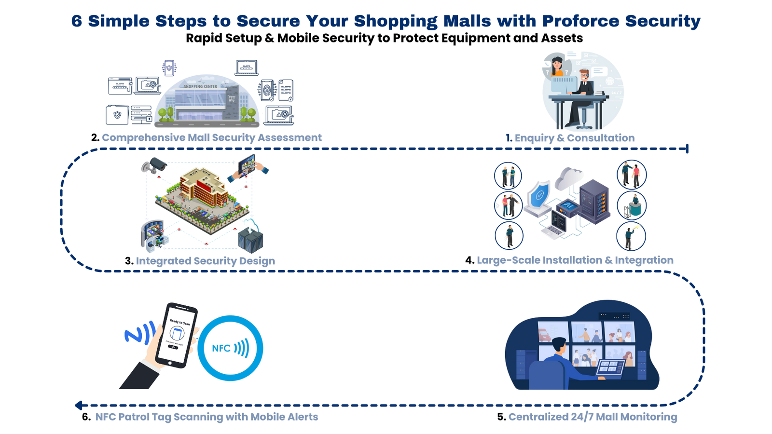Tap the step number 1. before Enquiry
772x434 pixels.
pos(509,138)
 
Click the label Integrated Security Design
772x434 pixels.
pos(205,261)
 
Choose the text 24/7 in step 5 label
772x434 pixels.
pos(583,417)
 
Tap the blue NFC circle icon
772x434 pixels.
pos(230,348)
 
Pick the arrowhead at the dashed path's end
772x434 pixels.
pos(79,405)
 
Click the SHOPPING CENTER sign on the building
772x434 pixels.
pos(200,87)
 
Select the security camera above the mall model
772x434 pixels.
pos(154,165)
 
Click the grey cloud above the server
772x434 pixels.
pos(569,178)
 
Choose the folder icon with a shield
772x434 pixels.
pos(117,115)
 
